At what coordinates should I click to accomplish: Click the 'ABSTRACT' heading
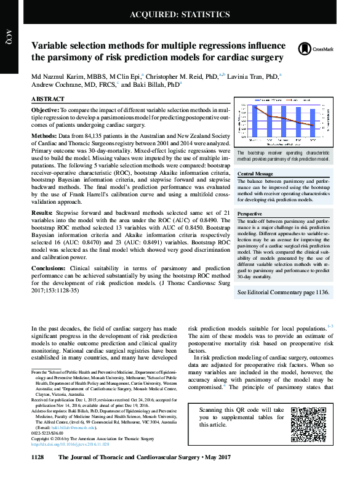pyautogui.click(x=48, y=99)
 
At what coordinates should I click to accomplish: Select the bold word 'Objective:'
pyautogui.click(x=46, y=109)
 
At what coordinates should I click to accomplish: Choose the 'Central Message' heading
pyautogui.click(x=255, y=174)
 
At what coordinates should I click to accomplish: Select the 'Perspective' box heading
pyautogui.click(x=250, y=212)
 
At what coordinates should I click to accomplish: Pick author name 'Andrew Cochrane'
pyautogui.click(x=57, y=86)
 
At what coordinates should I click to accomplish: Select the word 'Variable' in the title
pyautogui.click(x=53, y=46)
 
